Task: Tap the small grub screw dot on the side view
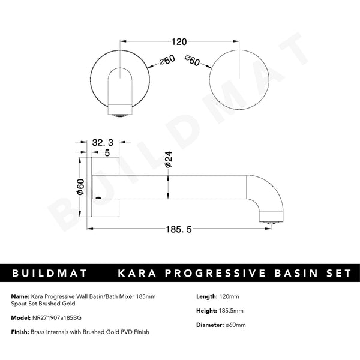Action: (98, 196)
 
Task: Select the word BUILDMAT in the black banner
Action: (48, 273)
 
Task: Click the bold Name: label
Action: (20, 296)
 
